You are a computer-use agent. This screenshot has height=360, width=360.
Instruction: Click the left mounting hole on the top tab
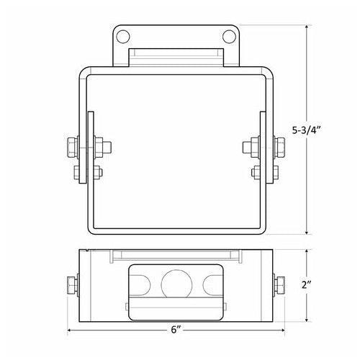click(123, 35)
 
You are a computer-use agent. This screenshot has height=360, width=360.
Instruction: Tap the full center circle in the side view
click(176, 284)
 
